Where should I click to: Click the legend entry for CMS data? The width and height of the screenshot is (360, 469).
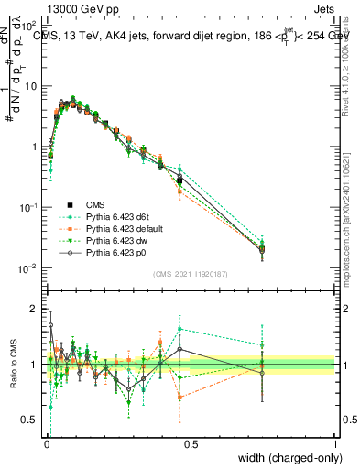coord(96,204)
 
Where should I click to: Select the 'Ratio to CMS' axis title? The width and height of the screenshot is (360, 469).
coord(16,365)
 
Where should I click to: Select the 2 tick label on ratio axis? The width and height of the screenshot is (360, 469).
coord(38,309)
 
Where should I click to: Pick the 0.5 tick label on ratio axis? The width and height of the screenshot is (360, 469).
coord(33,421)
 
